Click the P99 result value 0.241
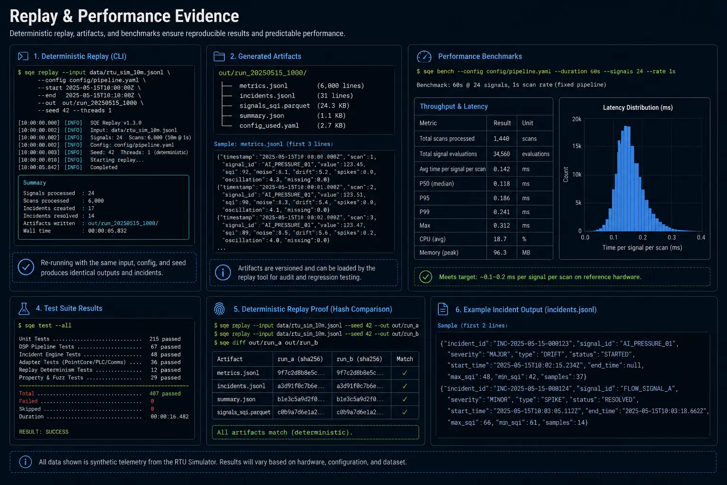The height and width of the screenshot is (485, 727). tap(501, 212)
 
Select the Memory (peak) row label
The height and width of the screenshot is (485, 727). tap(439, 252)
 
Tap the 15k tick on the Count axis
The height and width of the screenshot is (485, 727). tap(577, 146)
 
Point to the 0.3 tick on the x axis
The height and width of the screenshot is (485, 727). tap(672, 237)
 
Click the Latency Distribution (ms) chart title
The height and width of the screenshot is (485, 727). tap(638, 108)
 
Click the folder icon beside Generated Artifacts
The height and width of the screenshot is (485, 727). tap(219, 56)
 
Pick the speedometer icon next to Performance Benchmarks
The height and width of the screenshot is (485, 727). tap(424, 56)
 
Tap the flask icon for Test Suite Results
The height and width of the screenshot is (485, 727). tap(24, 309)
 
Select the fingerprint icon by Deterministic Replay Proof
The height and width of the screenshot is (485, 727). tap(220, 309)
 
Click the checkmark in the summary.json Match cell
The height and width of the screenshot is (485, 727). tap(405, 399)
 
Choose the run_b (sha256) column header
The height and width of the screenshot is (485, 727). tap(359, 359)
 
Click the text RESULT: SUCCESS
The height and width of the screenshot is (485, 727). tap(44, 432)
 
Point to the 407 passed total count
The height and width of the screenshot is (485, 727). tap(165, 394)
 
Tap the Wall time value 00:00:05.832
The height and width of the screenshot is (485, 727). tap(107, 231)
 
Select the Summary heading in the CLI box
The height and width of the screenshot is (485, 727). tap(35, 183)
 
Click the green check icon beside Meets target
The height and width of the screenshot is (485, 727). tap(426, 277)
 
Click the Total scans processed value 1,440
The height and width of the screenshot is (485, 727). tap(501, 139)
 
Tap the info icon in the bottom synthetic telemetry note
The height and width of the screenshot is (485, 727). tap(25, 462)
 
